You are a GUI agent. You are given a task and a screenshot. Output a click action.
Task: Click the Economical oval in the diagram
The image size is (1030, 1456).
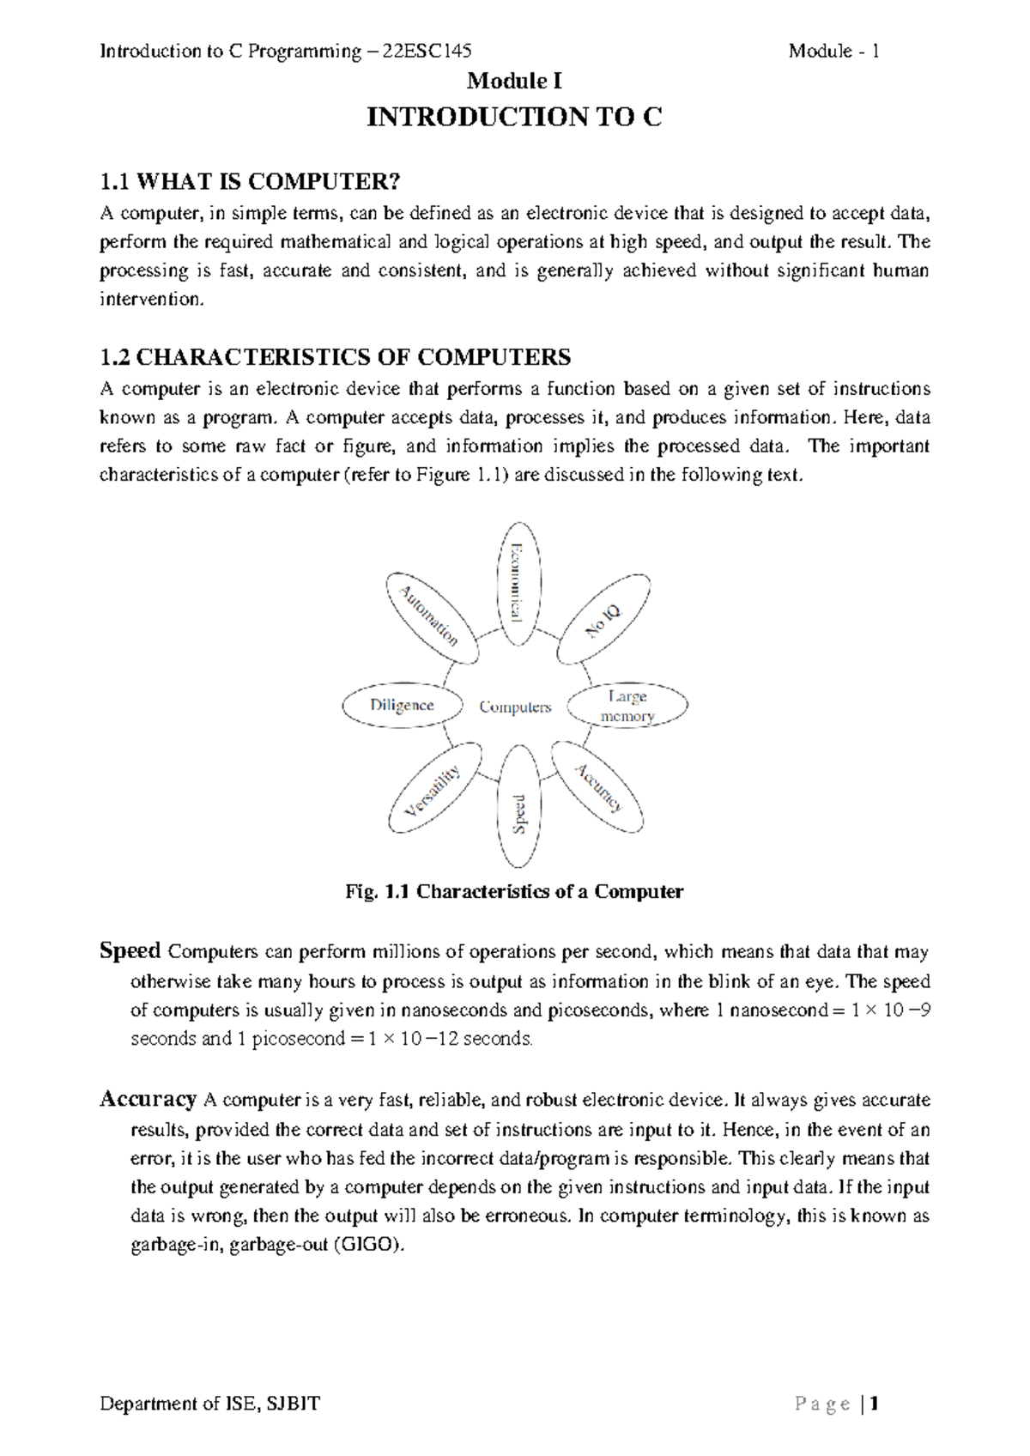pos(520,583)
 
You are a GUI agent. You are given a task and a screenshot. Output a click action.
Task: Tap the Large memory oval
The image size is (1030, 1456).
pos(629,707)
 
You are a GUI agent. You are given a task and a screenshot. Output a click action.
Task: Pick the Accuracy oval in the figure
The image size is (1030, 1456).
pos(597,787)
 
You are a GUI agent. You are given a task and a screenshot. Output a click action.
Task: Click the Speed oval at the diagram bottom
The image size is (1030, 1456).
pos(520,806)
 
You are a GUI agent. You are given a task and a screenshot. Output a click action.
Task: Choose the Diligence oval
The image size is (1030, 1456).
pos(402,706)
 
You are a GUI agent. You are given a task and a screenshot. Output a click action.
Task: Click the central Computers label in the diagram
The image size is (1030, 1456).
pos(515,707)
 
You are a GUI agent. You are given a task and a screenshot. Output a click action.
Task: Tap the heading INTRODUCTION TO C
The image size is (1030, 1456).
pos(514,117)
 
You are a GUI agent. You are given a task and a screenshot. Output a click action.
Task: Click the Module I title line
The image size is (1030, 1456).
pos(514,82)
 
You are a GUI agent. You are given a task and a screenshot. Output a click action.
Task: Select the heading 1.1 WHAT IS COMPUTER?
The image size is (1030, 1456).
pos(251,182)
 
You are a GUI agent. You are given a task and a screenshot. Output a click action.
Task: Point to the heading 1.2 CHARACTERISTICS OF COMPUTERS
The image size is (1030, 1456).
pos(336,356)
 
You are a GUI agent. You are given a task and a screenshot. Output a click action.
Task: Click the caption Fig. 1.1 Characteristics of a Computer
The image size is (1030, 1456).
pos(513,891)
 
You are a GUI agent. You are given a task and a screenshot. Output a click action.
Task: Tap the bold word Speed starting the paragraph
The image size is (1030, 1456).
pos(130,951)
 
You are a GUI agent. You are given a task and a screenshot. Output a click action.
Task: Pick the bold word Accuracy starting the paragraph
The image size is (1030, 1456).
pos(148,1099)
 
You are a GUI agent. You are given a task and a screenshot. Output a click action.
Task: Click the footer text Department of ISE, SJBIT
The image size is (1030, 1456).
pos(210,1404)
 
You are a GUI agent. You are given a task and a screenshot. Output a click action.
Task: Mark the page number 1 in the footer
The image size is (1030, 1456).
pos(875,1404)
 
